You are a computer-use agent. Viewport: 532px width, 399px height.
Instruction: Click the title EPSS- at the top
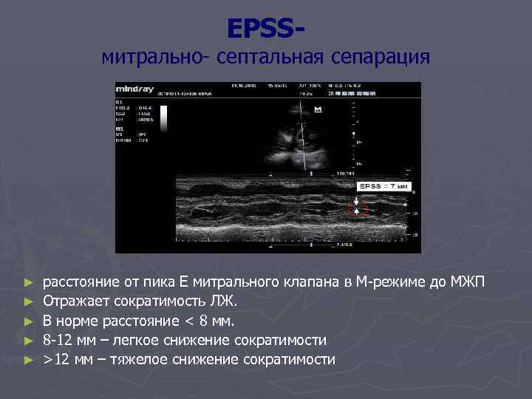click(x=265, y=29)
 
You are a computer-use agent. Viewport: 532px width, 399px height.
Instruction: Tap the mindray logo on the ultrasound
click(x=132, y=86)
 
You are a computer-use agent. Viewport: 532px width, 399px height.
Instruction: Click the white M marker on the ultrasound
click(x=318, y=109)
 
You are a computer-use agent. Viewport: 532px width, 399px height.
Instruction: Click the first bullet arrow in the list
click(x=29, y=283)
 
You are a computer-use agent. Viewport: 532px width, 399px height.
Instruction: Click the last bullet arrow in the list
click(x=29, y=360)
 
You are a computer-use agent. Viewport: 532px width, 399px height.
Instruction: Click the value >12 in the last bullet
click(x=56, y=359)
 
